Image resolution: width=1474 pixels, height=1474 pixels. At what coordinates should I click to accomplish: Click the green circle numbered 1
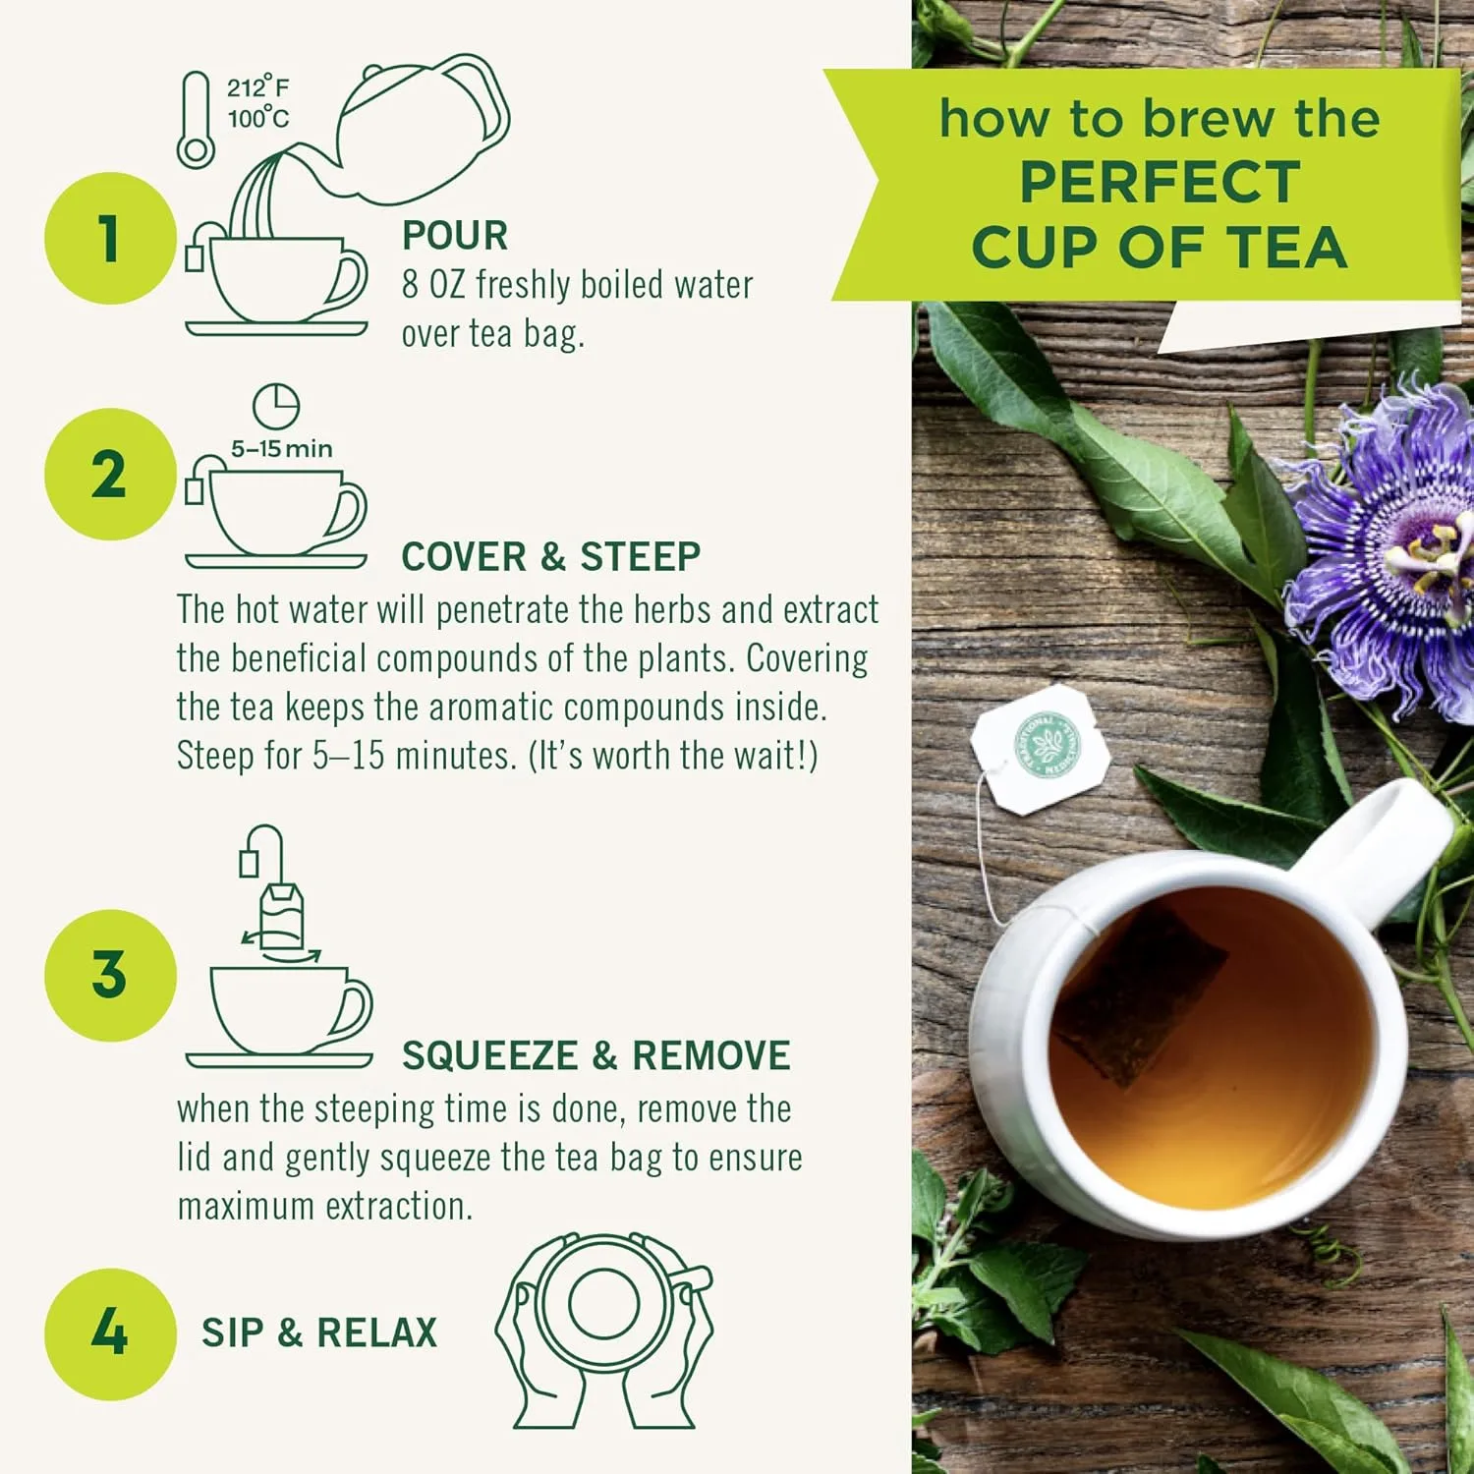[110, 239]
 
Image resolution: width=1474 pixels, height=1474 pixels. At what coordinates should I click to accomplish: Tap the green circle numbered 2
[110, 475]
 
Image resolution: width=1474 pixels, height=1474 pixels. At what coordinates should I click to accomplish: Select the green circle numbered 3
[110, 975]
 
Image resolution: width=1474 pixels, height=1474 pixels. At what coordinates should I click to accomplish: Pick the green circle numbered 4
[110, 1333]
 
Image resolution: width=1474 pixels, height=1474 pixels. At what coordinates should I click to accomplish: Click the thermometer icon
[196, 120]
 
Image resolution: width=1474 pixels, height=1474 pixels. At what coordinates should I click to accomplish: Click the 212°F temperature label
[258, 87]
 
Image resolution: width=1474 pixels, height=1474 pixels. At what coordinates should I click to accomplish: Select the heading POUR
[455, 236]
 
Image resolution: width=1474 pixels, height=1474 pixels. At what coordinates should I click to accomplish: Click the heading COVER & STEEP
[550, 557]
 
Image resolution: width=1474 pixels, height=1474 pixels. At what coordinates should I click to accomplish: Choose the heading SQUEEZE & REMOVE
[595, 1056]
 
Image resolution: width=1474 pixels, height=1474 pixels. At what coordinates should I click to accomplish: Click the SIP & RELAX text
[319, 1333]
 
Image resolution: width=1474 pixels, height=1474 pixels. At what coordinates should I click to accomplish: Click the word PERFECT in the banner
[1160, 183]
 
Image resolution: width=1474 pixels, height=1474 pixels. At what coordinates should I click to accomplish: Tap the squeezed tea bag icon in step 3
[281, 919]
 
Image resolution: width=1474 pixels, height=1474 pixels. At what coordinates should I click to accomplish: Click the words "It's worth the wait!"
[673, 757]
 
